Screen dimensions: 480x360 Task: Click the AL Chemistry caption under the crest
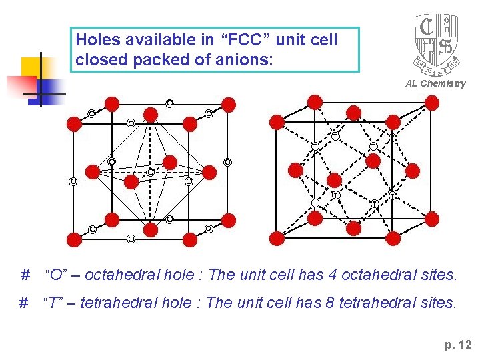pyautogui.click(x=435, y=83)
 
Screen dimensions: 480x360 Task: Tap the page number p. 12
pyautogui.click(x=457, y=345)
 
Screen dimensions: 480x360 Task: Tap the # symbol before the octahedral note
pyautogui.click(x=25, y=274)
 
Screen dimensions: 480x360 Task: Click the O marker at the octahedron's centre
pyautogui.click(x=151, y=172)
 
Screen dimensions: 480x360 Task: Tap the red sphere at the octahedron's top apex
pyautogui.click(x=151, y=115)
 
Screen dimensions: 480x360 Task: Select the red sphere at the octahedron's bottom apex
pyautogui.click(x=151, y=230)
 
